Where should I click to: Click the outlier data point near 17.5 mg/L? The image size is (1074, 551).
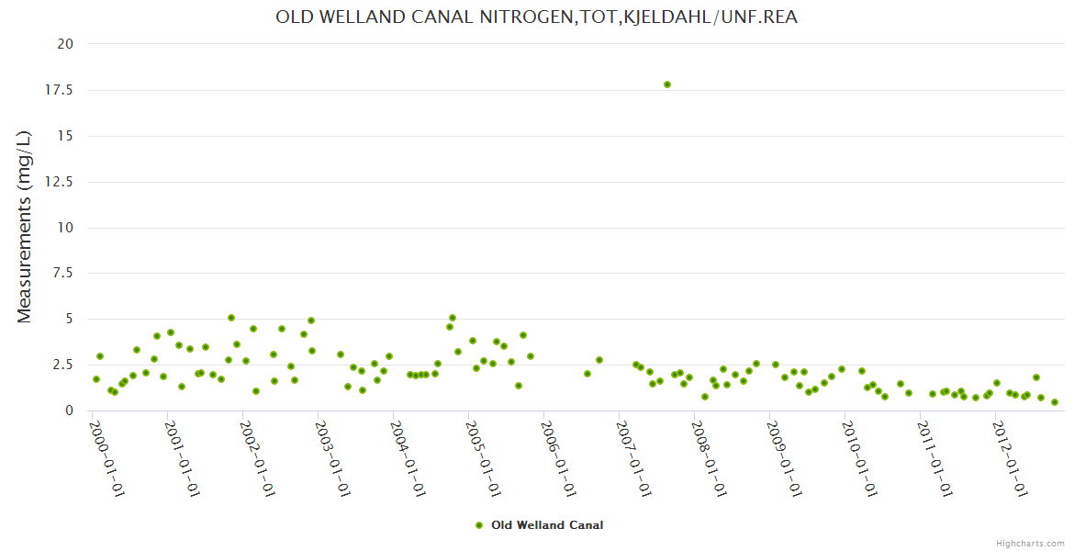click(667, 84)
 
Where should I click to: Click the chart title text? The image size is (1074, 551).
click(536, 17)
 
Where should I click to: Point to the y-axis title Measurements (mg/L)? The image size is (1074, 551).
click(25, 227)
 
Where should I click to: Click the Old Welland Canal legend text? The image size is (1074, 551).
click(547, 525)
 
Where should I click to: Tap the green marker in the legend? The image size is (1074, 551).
click(479, 525)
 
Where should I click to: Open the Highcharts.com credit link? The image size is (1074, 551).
click(1030, 543)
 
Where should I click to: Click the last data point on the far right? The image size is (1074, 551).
click(1055, 402)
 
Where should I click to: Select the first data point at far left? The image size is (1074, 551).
click(96, 379)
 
